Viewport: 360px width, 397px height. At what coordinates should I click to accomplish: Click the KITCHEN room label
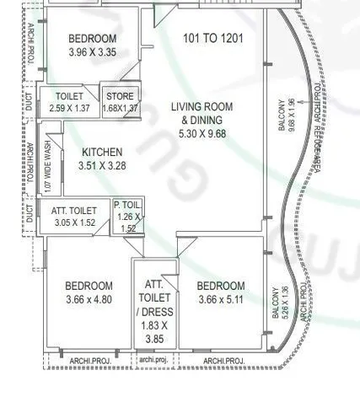tap(102, 152)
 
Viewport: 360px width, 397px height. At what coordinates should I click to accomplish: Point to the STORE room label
tap(120, 96)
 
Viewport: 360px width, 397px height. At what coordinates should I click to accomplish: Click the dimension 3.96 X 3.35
tap(93, 53)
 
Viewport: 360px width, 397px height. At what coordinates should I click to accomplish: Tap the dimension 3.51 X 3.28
tap(102, 166)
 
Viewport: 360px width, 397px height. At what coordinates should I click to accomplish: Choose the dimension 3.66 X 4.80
tap(89, 299)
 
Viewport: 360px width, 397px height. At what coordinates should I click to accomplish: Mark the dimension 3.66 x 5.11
tap(222, 299)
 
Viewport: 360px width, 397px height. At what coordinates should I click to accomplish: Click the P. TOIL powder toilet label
tap(127, 204)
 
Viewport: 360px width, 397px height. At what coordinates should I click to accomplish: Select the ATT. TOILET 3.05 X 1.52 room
tap(74, 217)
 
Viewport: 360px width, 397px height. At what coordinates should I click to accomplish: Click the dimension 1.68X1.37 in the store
tap(120, 108)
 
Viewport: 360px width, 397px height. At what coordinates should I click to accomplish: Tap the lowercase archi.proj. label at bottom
tap(154, 359)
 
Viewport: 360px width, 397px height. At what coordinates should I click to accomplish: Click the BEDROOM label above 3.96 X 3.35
tap(93, 39)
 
